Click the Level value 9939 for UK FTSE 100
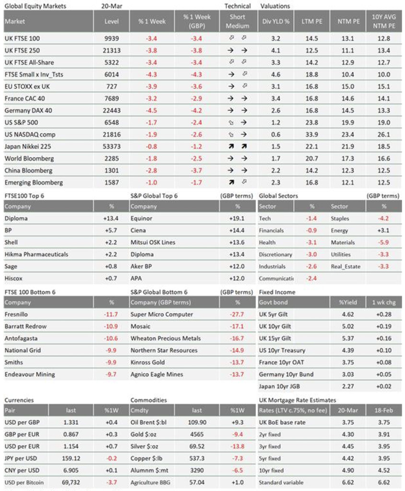click(x=112, y=38)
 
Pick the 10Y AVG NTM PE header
click(x=384, y=21)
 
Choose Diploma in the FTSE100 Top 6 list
click(x=16, y=219)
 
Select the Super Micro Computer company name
click(x=162, y=315)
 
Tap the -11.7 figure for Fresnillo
click(x=111, y=315)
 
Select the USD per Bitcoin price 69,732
click(x=71, y=482)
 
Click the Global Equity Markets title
click(x=36, y=6)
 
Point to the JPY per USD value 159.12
click(x=71, y=458)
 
